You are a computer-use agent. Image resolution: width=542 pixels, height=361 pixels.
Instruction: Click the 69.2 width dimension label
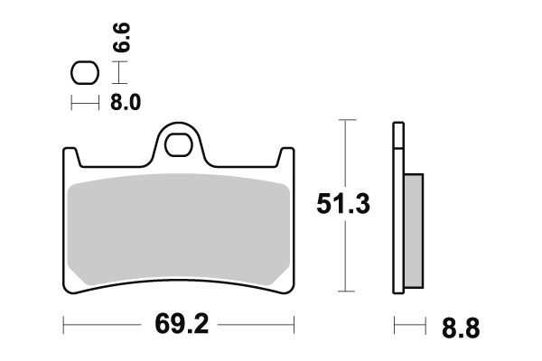(179, 322)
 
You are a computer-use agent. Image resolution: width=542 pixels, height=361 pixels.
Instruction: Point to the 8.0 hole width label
(126, 103)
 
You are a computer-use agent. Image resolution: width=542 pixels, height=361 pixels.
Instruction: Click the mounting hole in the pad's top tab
(182, 144)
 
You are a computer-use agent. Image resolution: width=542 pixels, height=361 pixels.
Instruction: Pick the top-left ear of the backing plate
(70, 155)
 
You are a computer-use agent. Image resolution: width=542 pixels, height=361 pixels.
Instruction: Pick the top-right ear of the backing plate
(287, 155)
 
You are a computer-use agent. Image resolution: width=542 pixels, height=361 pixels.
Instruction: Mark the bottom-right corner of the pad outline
(293, 291)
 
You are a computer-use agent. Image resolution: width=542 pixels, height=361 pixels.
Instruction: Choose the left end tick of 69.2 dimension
(64, 322)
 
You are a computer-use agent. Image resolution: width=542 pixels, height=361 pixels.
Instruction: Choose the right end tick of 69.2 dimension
(295, 322)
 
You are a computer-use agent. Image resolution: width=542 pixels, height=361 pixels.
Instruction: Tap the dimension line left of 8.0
(84, 104)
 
